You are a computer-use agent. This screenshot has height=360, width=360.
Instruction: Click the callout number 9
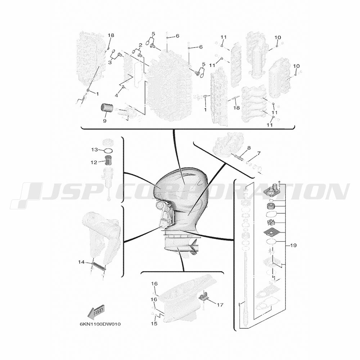pos(105,121)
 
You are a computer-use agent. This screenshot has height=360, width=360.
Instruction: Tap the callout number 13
pos(94,150)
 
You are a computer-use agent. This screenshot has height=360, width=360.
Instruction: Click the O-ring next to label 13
pos(108,151)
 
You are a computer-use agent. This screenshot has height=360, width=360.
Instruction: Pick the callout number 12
pos(94,162)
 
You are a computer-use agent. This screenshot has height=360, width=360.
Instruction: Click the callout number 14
pos(81,262)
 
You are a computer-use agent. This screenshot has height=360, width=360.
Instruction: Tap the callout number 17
pos(220,305)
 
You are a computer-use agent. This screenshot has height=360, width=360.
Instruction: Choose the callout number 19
pos(293,246)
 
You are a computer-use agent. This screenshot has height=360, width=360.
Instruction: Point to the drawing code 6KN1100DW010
pos(100,324)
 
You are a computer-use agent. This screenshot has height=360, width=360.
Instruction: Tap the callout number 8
pos(249,148)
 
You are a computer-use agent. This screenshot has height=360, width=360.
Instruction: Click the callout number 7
pos(259,153)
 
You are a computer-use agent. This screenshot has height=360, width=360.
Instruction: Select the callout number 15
pos(154,324)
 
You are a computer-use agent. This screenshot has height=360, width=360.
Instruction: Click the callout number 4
pos(116,95)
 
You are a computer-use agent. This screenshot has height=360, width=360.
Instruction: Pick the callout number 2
pos(140,45)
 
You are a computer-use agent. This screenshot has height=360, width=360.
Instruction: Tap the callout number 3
pos(110,62)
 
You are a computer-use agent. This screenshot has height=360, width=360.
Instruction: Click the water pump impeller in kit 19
pos(271,223)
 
